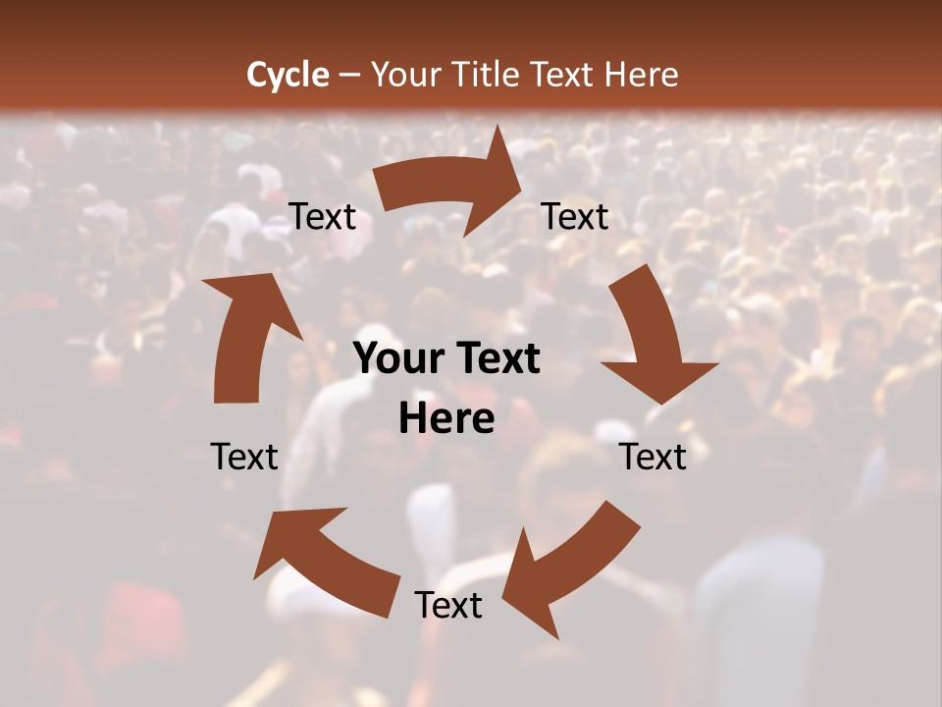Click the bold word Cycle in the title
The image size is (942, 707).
[288, 74]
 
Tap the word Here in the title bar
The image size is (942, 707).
[641, 74]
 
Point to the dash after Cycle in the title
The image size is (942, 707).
[349, 75]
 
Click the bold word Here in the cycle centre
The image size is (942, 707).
[446, 419]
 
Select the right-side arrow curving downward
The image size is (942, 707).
[653, 339]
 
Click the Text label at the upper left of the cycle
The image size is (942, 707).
[322, 217]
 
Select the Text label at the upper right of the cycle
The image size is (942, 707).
[575, 217]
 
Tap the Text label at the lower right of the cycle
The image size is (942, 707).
[653, 457]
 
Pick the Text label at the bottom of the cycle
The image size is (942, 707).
[447, 605]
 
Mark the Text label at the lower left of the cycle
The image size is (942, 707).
[244, 457]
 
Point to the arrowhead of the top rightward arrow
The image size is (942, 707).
[500, 182]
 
